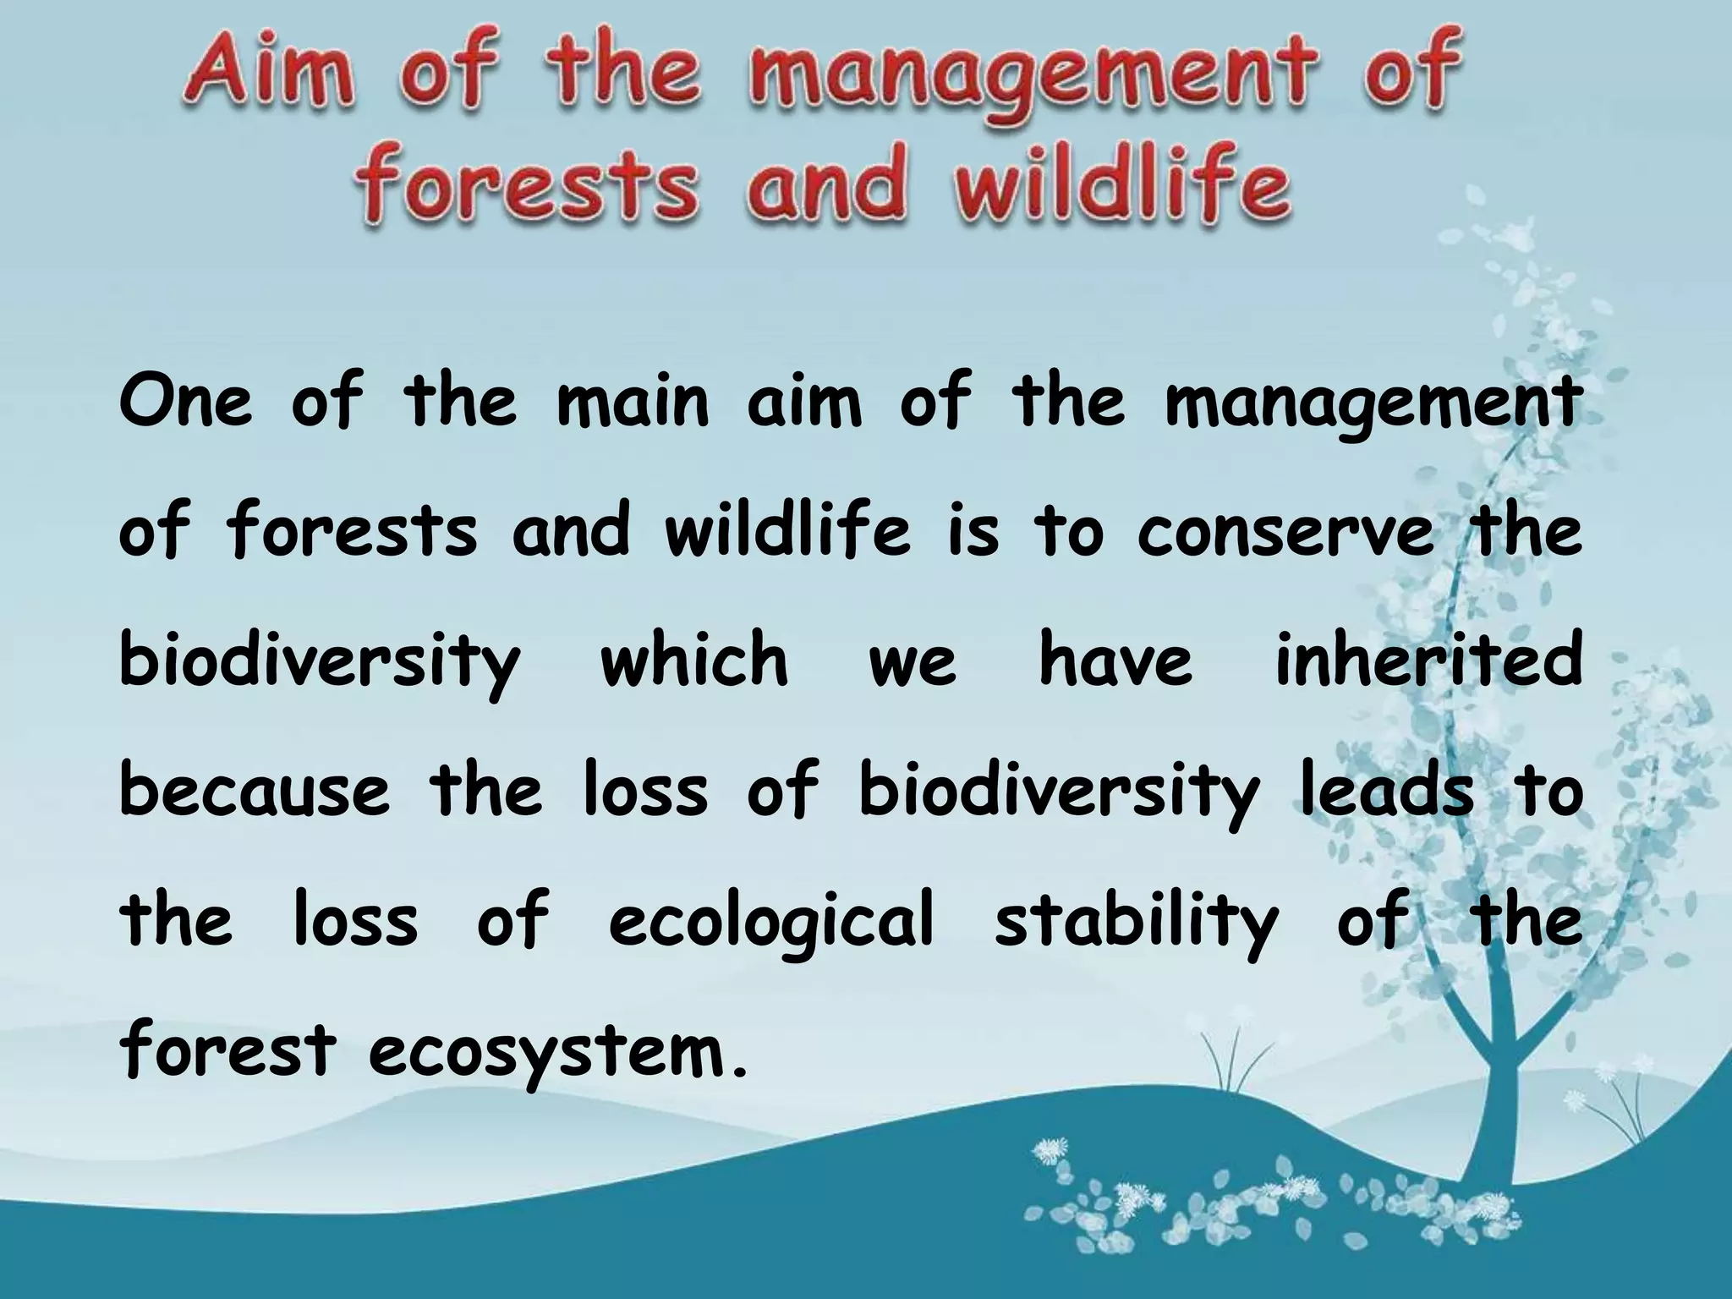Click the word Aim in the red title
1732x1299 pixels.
click(x=267, y=83)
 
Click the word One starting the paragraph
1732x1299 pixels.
click(x=186, y=402)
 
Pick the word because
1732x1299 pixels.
click(x=255, y=791)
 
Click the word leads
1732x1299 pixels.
click(x=1387, y=791)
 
